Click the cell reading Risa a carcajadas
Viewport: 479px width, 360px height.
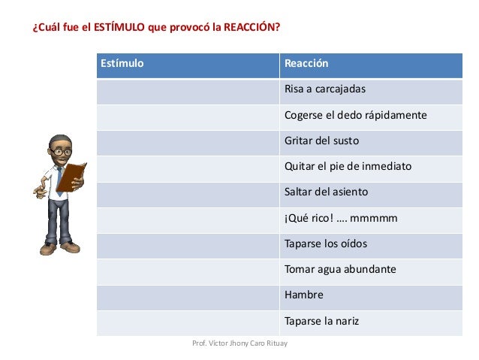click(x=324, y=89)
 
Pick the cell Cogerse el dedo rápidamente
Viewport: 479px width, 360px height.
click(x=355, y=115)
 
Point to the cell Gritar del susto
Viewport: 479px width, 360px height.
click(x=321, y=141)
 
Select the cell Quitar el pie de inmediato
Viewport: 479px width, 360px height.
click(x=348, y=166)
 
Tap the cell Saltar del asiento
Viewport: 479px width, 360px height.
click(x=326, y=192)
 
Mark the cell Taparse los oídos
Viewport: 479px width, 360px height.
click(x=326, y=244)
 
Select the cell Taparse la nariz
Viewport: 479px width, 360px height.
click(x=321, y=321)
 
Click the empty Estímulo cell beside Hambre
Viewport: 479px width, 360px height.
click(x=188, y=295)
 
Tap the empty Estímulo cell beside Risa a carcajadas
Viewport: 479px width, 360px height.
click(x=188, y=90)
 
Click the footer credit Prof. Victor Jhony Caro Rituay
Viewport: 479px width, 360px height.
click(x=239, y=343)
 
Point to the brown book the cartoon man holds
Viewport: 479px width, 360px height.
click(x=72, y=177)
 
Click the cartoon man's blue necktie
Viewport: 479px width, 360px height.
click(x=59, y=181)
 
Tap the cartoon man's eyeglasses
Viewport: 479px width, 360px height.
click(x=63, y=152)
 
